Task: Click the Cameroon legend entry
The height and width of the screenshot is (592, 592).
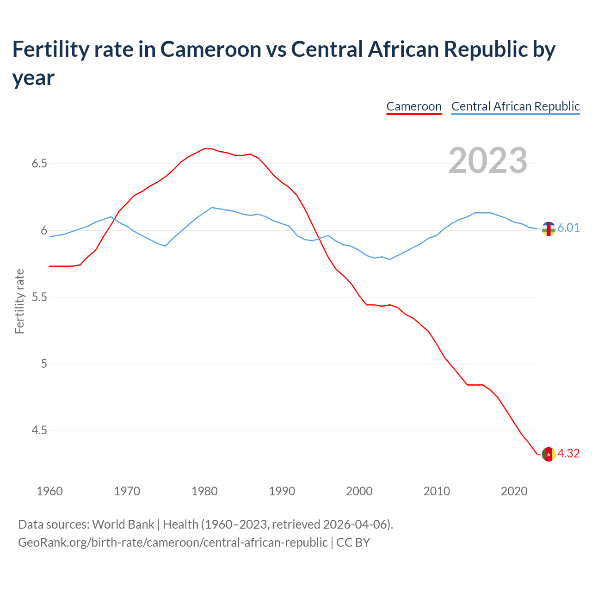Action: tap(414, 106)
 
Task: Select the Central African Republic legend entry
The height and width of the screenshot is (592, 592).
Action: tap(515, 106)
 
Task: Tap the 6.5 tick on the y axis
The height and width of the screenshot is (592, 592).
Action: tap(39, 164)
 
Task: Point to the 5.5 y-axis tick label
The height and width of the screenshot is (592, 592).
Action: tap(39, 297)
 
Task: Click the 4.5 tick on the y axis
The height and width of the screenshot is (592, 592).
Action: tap(39, 431)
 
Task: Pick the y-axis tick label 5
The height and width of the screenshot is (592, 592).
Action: tap(44, 364)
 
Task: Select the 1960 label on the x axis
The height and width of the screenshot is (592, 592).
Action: tap(49, 491)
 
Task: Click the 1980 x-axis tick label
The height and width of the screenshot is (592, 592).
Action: tap(204, 491)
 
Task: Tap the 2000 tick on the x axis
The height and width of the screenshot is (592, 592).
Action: tap(359, 491)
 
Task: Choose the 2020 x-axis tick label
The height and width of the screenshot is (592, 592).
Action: tap(514, 491)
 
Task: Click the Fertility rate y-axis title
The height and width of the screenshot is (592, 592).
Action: tap(19, 301)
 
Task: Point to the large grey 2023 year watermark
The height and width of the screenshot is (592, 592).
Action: tap(488, 160)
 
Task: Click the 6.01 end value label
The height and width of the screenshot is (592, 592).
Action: tap(568, 228)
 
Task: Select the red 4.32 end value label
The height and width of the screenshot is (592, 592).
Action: tap(568, 454)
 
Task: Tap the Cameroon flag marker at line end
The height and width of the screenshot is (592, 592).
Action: tap(549, 454)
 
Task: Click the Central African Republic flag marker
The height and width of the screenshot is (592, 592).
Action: tap(549, 228)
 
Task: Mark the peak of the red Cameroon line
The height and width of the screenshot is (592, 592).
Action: tap(208, 148)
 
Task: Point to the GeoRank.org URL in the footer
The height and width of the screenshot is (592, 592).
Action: tap(173, 542)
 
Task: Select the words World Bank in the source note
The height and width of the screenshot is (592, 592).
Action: tap(123, 524)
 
